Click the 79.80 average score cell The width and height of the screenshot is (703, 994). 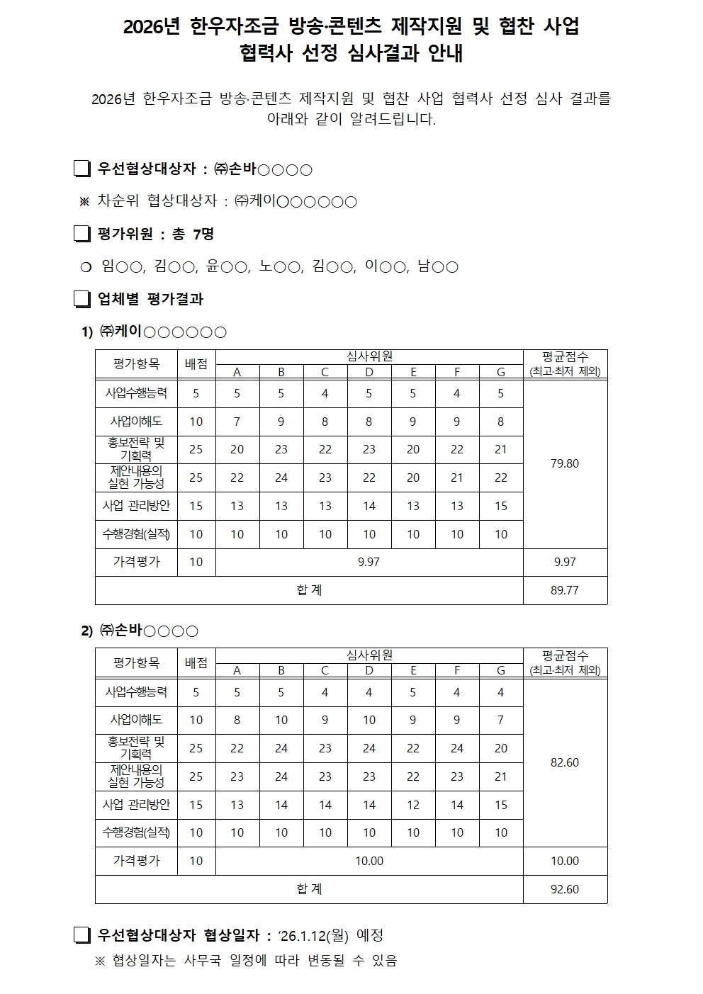(565, 463)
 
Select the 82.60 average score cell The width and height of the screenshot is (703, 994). (565, 762)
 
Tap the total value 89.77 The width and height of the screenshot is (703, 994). (565, 590)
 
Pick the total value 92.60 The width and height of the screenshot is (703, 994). (565, 889)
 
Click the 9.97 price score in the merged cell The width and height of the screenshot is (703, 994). (369, 562)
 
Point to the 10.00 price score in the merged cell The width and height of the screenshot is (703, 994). (369, 861)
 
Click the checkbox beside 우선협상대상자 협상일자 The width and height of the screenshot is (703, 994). (83, 936)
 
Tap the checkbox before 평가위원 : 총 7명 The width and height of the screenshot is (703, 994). (83, 234)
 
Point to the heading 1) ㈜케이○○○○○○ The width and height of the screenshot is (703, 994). (154, 331)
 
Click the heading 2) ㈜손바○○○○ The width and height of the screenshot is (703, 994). (140, 630)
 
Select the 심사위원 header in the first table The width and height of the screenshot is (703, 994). (369, 356)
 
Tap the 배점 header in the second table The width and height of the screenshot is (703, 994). (196, 663)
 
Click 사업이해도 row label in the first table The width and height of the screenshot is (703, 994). (136, 421)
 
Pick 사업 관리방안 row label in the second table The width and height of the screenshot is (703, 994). (136, 805)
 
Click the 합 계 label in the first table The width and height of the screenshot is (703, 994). (309, 590)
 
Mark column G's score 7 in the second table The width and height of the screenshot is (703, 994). (501, 720)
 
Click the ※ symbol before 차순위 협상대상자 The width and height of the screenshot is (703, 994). (84, 202)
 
